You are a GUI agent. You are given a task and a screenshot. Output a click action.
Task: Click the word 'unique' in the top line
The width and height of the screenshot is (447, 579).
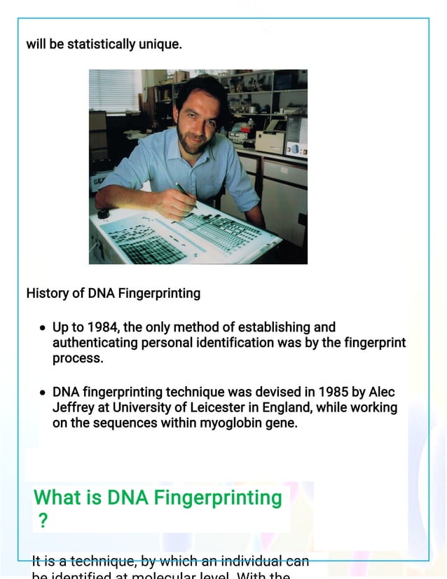coord(158,44)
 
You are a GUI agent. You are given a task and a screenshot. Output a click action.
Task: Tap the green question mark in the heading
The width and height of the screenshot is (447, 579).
coord(43,522)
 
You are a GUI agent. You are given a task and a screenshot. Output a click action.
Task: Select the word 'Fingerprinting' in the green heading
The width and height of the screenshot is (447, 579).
coord(217,498)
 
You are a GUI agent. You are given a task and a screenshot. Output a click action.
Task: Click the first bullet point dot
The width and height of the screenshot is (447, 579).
coord(43,328)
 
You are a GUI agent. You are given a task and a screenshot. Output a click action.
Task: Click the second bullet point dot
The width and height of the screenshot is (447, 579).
coord(43,393)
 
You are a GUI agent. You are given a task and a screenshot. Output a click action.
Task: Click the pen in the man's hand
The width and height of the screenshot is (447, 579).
coord(184,192)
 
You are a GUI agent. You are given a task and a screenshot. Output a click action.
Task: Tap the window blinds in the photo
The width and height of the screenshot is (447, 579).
coord(115,90)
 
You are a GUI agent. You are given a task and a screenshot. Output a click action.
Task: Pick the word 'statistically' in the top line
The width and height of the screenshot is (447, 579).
coord(103,44)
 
